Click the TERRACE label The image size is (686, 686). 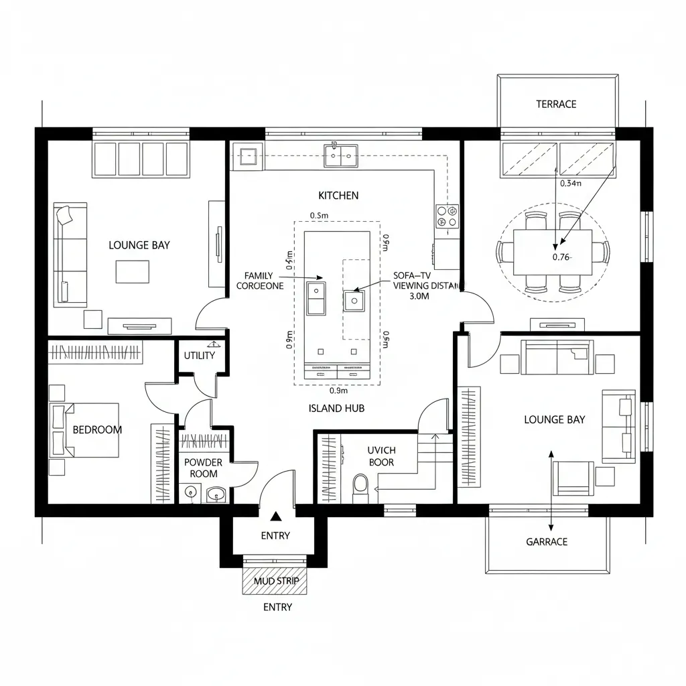click(556, 105)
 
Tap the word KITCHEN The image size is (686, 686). click(338, 196)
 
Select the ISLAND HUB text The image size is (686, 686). click(336, 408)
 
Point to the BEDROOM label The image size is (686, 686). click(98, 429)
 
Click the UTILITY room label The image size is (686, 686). click(199, 355)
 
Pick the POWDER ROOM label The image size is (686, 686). click(203, 468)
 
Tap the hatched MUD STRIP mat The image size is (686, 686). click(276, 581)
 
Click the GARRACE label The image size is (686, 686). click(547, 541)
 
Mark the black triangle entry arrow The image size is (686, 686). click(275, 517)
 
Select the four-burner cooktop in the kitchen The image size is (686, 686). click(447, 216)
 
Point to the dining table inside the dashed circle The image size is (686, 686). click(553, 252)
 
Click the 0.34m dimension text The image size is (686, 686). click(571, 182)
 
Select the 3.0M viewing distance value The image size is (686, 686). click(419, 297)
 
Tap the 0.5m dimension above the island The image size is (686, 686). click(319, 215)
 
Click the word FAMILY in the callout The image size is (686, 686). click(259, 276)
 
